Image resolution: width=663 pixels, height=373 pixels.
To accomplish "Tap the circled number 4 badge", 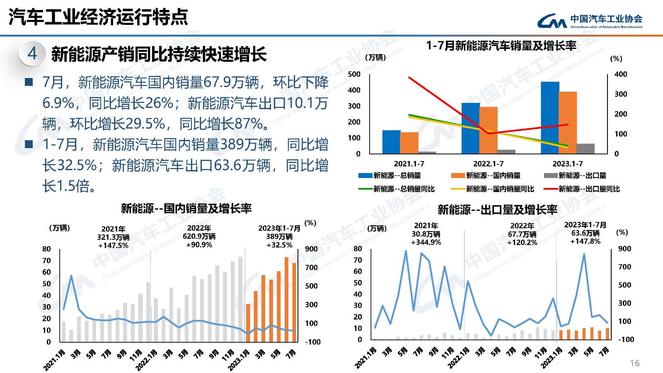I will [x=32, y=54].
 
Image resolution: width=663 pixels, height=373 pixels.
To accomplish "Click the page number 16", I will [x=634, y=363].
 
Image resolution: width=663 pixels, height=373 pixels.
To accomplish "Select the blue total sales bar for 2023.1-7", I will [x=550, y=118].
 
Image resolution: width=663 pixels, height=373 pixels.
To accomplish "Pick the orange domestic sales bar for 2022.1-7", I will [x=489, y=130].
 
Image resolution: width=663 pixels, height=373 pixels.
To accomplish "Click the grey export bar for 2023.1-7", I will [x=585, y=149].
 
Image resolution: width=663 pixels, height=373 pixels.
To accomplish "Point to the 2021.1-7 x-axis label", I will [x=409, y=164].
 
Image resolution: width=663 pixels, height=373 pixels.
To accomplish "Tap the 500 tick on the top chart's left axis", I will [x=354, y=74].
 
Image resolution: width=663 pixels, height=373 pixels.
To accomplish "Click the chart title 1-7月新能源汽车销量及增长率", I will [x=501, y=46].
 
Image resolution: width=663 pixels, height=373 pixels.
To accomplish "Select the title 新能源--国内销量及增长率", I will [x=186, y=208].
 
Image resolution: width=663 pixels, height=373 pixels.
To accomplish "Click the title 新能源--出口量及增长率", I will [x=497, y=210].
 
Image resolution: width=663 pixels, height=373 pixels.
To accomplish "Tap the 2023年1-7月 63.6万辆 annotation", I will [x=585, y=233].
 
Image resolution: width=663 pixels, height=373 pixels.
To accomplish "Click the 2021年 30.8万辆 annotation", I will [x=426, y=234].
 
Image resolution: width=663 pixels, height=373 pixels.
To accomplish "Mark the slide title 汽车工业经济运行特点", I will [x=98, y=17].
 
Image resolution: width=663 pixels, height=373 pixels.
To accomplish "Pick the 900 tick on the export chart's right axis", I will [x=624, y=249].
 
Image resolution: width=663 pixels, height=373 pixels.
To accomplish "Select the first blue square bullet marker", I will [x=29, y=82].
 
